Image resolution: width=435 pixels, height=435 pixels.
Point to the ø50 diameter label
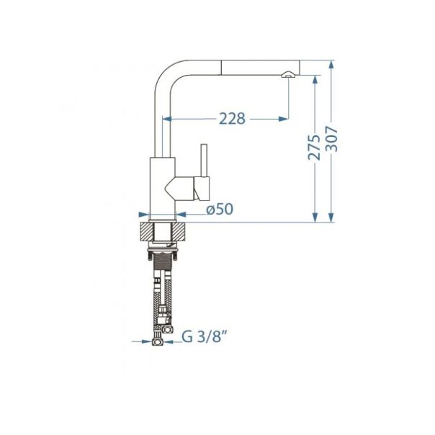219,210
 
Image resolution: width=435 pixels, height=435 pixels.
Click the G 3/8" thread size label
202,336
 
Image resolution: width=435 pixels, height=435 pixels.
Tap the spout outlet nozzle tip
287,75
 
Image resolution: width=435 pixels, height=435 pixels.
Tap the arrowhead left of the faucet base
143,214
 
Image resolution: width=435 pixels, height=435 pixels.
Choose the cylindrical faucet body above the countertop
161,187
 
